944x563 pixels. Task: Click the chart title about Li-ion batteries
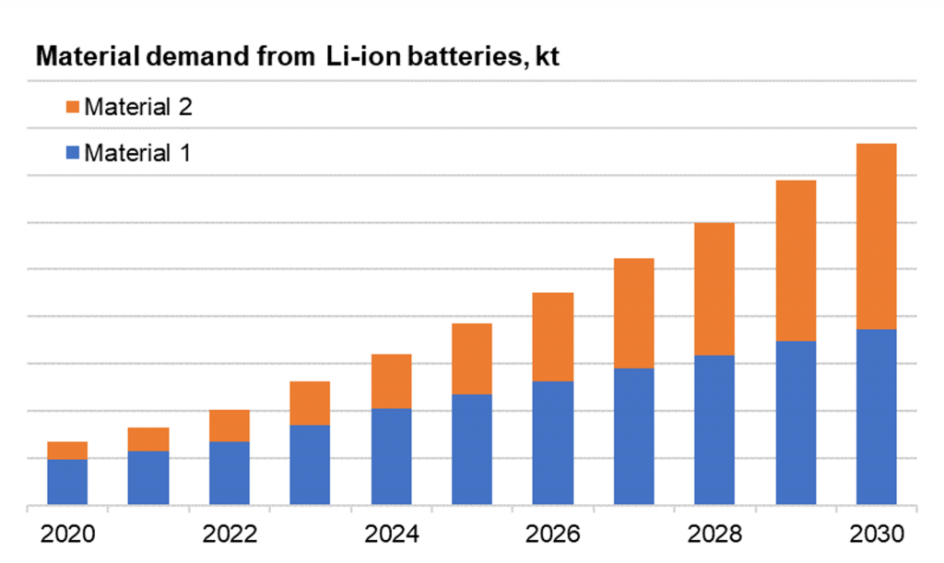pyautogui.click(x=298, y=58)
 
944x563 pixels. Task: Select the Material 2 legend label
pyautogui.click(x=137, y=107)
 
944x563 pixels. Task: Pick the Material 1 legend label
pyautogui.click(x=137, y=153)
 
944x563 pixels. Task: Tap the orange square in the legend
pyautogui.click(x=74, y=107)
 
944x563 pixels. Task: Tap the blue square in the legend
pyautogui.click(x=74, y=153)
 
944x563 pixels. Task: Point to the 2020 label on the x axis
pyautogui.click(x=67, y=534)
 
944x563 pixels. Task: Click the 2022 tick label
pyautogui.click(x=230, y=534)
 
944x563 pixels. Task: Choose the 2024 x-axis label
pyautogui.click(x=391, y=534)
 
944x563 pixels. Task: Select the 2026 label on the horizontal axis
pyautogui.click(x=553, y=534)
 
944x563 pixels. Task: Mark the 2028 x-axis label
pyautogui.click(x=714, y=534)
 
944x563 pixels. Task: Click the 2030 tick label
pyautogui.click(x=876, y=534)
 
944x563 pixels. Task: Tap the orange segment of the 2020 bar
pyautogui.click(x=67, y=451)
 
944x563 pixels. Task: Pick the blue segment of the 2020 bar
pyautogui.click(x=67, y=482)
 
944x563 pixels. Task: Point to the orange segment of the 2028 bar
pyautogui.click(x=714, y=288)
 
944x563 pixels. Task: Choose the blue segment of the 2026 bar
pyautogui.click(x=553, y=443)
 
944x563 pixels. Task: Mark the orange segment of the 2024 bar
pyautogui.click(x=391, y=381)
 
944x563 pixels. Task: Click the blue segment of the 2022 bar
pyautogui.click(x=230, y=474)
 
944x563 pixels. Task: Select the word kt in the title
pyautogui.click(x=547, y=58)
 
